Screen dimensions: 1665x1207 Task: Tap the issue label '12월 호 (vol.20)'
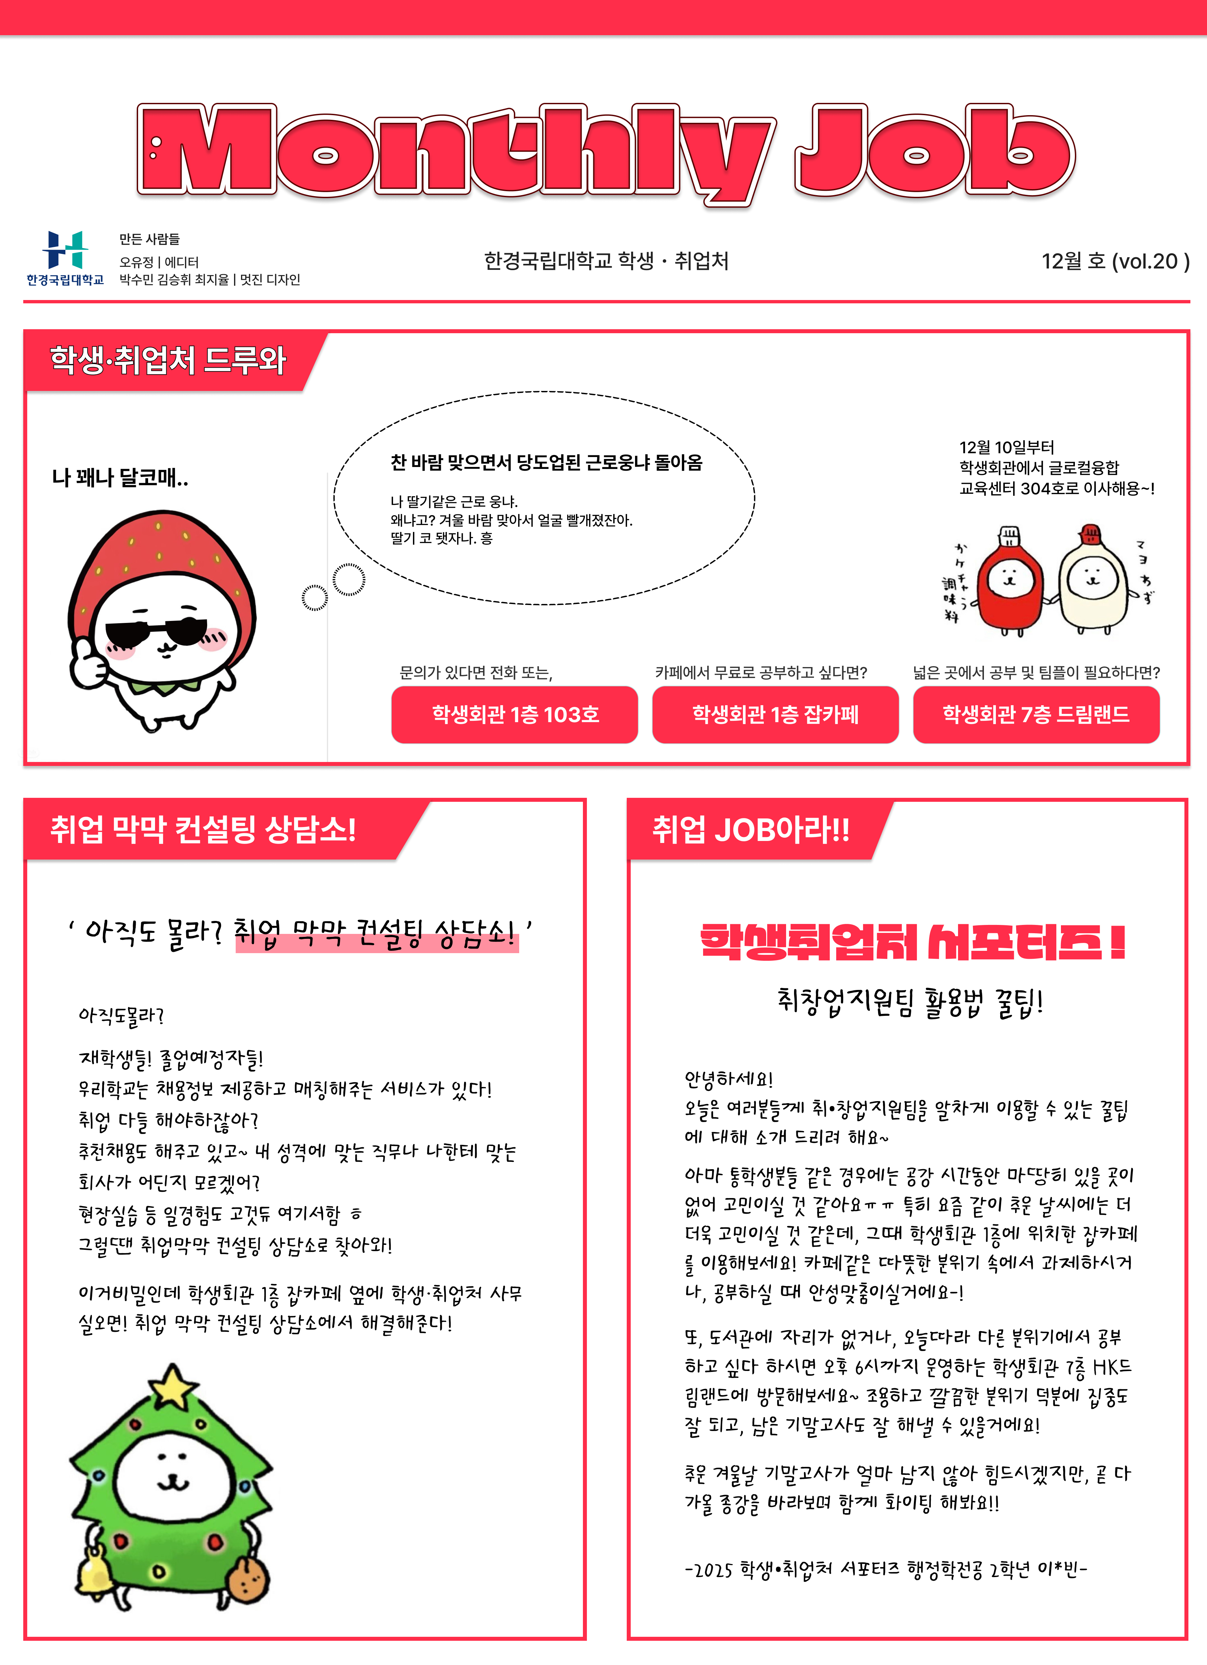coord(1114,262)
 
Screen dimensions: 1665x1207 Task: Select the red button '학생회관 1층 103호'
coord(515,714)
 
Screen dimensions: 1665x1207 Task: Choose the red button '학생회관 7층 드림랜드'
coord(1036,714)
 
